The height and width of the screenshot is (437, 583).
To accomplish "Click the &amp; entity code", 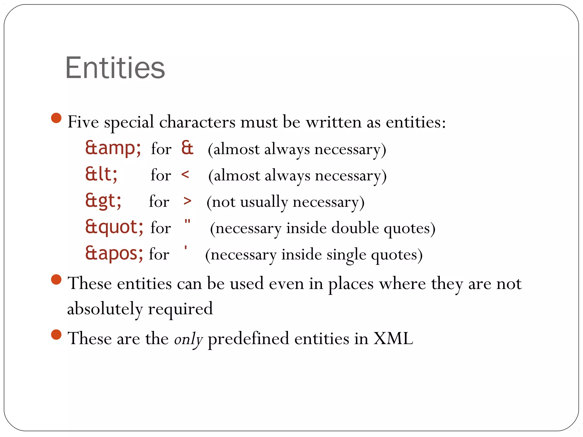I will coord(113,148).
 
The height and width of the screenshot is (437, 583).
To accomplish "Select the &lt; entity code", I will coord(101,174).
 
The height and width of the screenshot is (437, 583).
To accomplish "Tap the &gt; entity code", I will coord(103,201).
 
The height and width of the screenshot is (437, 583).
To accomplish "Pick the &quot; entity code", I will coord(114,227).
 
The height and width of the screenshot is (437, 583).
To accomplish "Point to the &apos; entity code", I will coord(114,253).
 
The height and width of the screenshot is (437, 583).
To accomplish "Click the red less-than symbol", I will coord(185,174).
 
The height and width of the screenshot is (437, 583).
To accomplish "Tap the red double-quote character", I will coord(187,222).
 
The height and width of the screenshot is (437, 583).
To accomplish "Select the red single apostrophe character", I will coord(186,248).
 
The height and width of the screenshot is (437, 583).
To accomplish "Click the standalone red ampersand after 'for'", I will coord(187,148).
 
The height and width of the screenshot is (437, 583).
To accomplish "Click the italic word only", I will coord(188,339).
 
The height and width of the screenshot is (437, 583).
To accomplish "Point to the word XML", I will coord(393,339).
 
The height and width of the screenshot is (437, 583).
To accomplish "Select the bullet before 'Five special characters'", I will coord(56,118).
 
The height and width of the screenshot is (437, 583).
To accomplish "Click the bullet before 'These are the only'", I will coord(56,335).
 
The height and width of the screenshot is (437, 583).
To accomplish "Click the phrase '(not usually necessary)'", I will coord(285,202).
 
